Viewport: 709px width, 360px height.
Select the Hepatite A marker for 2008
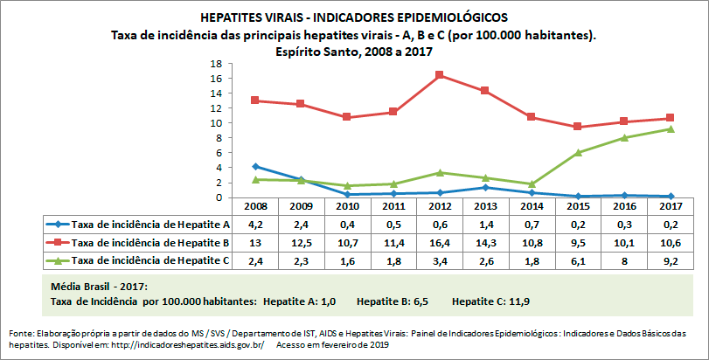click(x=254, y=166)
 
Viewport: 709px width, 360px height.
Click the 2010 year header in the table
click(x=348, y=206)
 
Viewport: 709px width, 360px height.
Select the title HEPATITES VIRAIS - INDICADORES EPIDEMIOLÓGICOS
click(x=353, y=17)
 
